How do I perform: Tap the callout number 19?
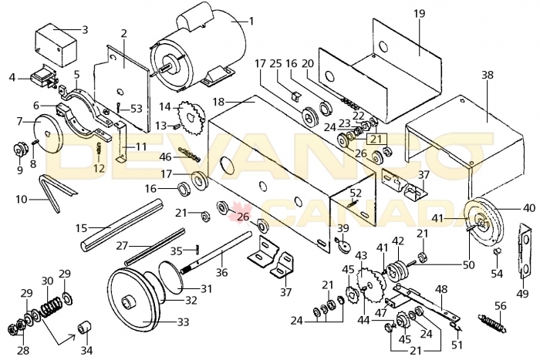point(419,14)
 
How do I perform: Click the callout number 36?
point(221,251)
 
